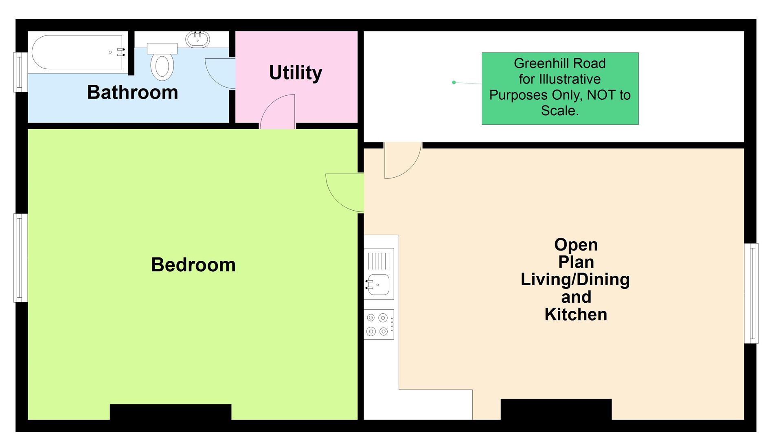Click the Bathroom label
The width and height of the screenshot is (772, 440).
pyautogui.click(x=132, y=92)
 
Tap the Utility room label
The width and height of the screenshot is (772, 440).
pyautogui.click(x=296, y=73)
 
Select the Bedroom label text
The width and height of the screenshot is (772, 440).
pyautogui.click(x=193, y=265)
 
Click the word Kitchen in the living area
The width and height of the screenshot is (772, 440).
pyautogui.click(x=576, y=315)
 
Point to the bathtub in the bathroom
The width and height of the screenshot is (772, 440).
pyautogui.click(x=77, y=52)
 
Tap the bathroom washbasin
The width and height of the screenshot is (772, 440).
pyautogui.click(x=197, y=40)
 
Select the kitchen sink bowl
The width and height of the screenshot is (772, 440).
pyautogui.click(x=379, y=284)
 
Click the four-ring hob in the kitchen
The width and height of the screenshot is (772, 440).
pyautogui.click(x=378, y=324)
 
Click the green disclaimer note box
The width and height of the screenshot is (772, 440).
pyautogui.click(x=560, y=88)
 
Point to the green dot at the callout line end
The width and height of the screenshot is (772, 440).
pyautogui.click(x=454, y=82)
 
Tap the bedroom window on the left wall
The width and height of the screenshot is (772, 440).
pyautogui.click(x=20, y=258)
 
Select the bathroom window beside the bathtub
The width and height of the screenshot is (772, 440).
pyautogui.click(x=20, y=72)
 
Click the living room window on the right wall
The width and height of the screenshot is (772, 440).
pyautogui.click(x=751, y=293)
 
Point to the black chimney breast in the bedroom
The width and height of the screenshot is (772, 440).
pyautogui.click(x=171, y=412)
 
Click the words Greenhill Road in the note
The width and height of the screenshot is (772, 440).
pyautogui.click(x=559, y=64)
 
